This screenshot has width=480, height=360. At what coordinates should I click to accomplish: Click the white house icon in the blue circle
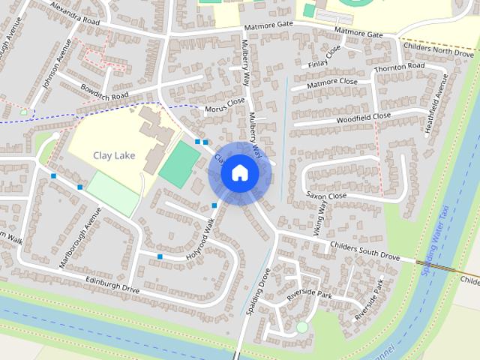[240, 173]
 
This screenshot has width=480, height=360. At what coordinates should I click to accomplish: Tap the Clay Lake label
[113, 155]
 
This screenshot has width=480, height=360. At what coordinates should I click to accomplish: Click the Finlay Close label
[323, 54]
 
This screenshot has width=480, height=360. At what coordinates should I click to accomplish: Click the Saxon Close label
[326, 195]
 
